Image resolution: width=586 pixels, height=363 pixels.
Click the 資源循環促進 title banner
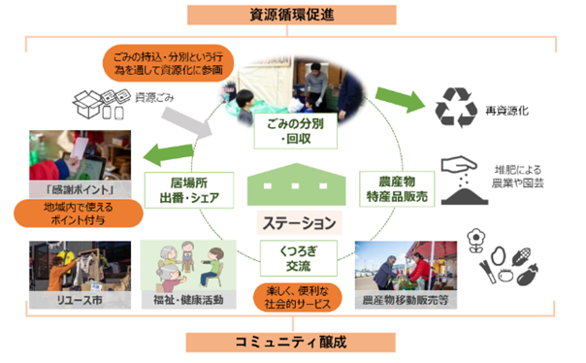(293, 15)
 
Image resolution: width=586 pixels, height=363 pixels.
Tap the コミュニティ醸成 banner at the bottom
(293, 344)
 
